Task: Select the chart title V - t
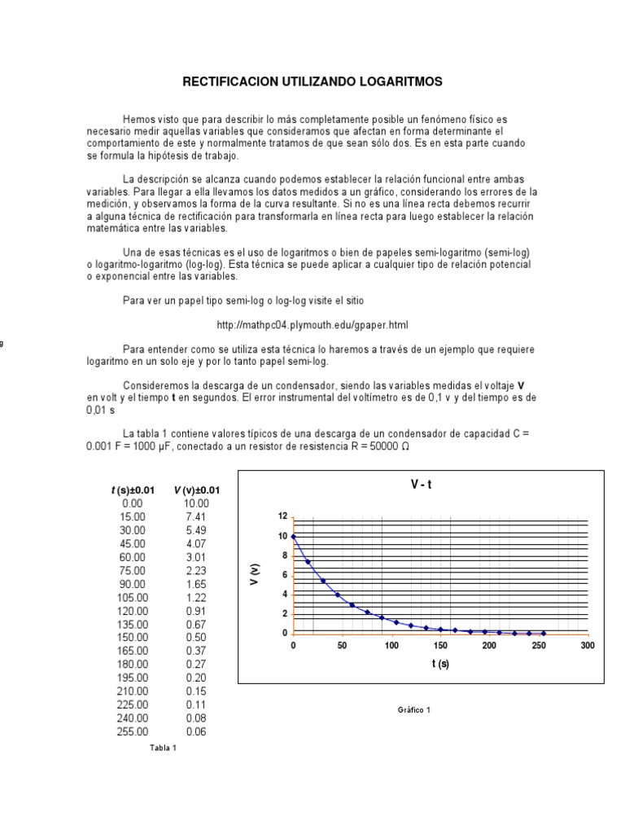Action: pyautogui.click(x=421, y=485)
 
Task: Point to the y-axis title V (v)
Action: pyautogui.click(x=256, y=574)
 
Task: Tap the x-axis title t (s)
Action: pyautogui.click(x=440, y=664)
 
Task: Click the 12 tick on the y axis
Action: pyautogui.click(x=282, y=517)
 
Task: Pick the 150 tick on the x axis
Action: pyautogui.click(x=440, y=645)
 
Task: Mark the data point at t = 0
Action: pyautogui.click(x=293, y=536)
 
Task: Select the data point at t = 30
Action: pyautogui.click(x=322, y=581)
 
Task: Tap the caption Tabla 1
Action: pyautogui.click(x=163, y=747)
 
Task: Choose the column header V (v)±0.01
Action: pyautogui.click(x=196, y=490)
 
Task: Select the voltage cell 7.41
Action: pyautogui.click(x=196, y=516)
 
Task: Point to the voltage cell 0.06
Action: pyautogui.click(x=196, y=731)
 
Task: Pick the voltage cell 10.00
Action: pyautogui.click(x=196, y=503)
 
